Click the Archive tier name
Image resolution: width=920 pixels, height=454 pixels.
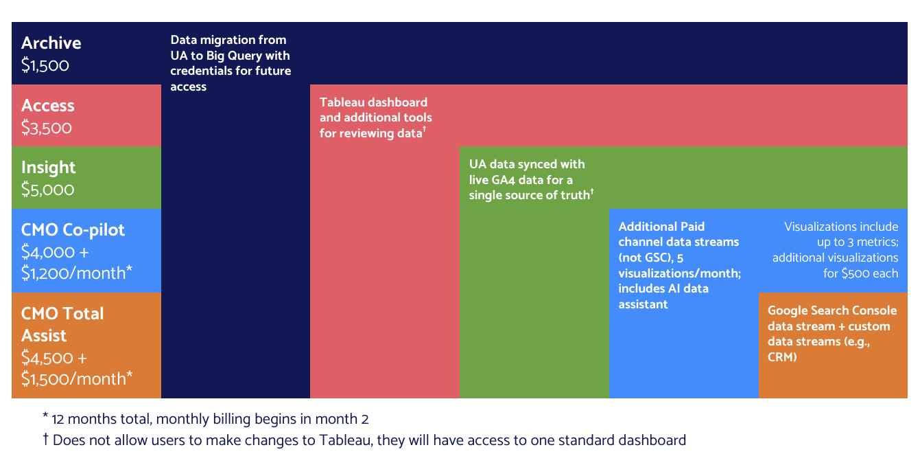(x=51, y=43)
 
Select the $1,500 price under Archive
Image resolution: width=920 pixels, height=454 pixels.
(x=45, y=65)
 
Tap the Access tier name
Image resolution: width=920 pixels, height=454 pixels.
(x=47, y=105)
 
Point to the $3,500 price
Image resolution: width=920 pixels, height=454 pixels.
(x=46, y=128)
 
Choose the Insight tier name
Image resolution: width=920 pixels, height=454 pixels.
(x=48, y=167)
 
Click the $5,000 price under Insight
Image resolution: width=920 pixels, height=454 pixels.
(x=47, y=190)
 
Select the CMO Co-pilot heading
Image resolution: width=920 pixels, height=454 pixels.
(x=73, y=229)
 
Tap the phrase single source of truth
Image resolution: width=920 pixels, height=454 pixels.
(x=529, y=196)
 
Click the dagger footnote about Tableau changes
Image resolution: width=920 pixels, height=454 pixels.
(x=364, y=440)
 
